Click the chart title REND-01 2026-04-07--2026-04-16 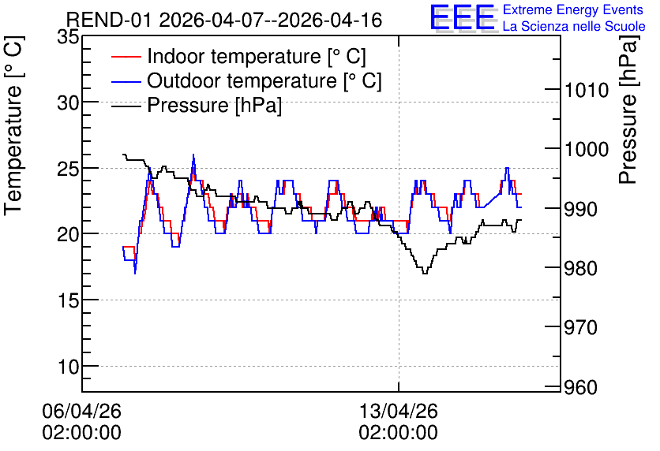(x=224, y=20)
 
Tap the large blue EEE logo (x=463, y=17)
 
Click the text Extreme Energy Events (x=573, y=9)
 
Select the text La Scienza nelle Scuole (x=574, y=26)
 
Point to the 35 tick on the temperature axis (x=68, y=36)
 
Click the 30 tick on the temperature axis (x=68, y=102)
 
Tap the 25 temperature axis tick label (x=68, y=168)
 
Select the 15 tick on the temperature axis (x=68, y=300)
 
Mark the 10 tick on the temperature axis (x=68, y=367)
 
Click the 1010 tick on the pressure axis (x=587, y=90)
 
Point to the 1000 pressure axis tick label (x=587, y=149)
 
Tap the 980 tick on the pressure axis (x=581, y=268)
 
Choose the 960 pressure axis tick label (x=581, y=387)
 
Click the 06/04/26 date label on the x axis (x=81, y=411)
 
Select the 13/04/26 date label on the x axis (x=398, y=411)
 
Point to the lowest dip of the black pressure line (x=425, y=274)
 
